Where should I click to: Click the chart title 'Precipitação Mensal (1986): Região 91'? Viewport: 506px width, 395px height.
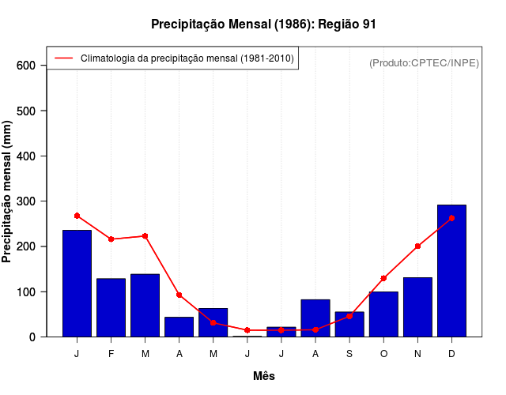pos(263,24)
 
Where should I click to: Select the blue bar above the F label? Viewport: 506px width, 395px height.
pos(111,307)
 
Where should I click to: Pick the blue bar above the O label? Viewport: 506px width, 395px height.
pos(383,314)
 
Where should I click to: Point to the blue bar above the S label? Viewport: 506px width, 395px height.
pos(349,324)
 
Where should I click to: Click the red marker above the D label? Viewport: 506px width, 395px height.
pos(451,218)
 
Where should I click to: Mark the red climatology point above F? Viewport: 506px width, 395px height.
pos(111,239)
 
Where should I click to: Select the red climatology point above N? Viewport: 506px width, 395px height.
pos(417,246)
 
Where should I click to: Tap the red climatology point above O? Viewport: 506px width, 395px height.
pos(383,278)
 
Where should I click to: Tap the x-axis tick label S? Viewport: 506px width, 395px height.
pos(349,354)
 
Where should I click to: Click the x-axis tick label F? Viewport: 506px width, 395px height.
pos(111,354)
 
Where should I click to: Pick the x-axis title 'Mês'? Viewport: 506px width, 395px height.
pos(264,376)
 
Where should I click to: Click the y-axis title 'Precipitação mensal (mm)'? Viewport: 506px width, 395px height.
pos(8,191)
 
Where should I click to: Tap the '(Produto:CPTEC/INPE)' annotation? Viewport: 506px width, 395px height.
pos(425,63)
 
